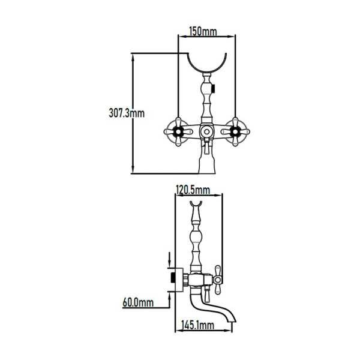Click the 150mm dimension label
[x=203, y=31]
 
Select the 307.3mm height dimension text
[x=127, y=113]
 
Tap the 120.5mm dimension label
[x=193, y=190]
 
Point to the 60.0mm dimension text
[x=138, y=302]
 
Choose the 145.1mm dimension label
[x=197, y=325]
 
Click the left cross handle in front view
[x=178, y=132]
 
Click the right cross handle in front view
[x=235, y=132]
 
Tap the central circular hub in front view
[x=206, y=132]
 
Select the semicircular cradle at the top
[x=207, y=69]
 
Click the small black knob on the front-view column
[x=213, y=89]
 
